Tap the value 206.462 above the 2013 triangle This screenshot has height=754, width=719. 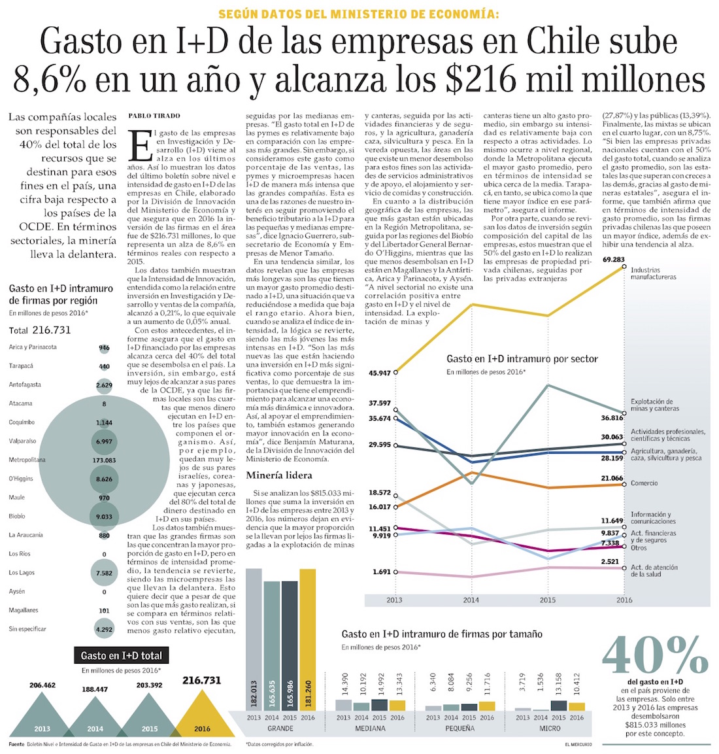(42, 685)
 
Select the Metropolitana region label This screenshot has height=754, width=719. (27, 460)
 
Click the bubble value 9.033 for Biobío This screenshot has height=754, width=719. (104, 517)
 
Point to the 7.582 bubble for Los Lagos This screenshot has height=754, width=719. (104, 574)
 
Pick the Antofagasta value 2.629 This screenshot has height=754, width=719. (104, 385)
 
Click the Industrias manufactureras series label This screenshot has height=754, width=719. (654, 273)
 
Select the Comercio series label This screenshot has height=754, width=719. (644, 483)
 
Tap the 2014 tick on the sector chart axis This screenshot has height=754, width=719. (471, 600)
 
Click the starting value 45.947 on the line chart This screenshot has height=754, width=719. (380, 373)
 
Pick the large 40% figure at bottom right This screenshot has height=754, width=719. (655, 655)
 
